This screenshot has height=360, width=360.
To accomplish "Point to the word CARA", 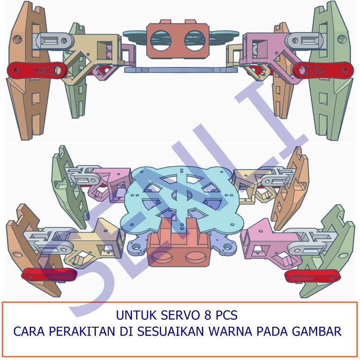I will pyautogui.click(x=30, y=332).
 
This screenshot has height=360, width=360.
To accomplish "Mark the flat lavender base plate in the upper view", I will pyautogui.click(x=180, y=70).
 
